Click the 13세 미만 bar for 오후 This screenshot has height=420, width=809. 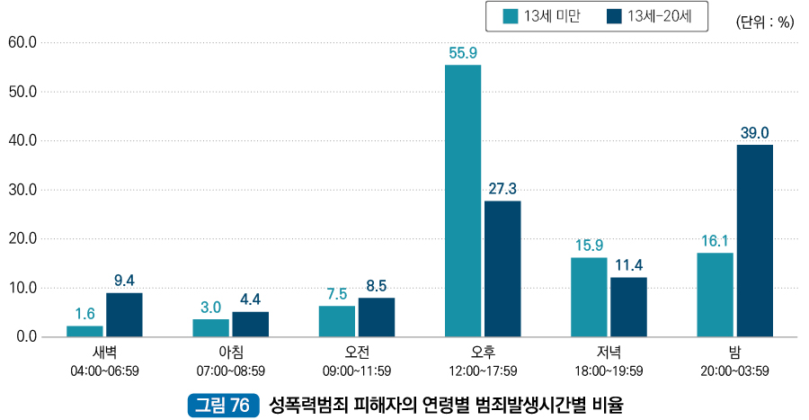(x=463, y=201)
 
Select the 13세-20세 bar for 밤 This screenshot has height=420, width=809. (x=754, y=241)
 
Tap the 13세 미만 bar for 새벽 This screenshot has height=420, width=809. (x=84, y=331)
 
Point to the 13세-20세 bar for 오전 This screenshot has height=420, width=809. (x=376, y=317)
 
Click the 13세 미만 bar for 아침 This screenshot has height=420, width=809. (x=210, y=327)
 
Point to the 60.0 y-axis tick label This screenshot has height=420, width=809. (x=22, y=42)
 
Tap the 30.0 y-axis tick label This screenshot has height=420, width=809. (x=22, y=190)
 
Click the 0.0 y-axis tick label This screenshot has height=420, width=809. (x=25, y=337)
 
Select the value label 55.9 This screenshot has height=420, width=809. (x=463, y=53)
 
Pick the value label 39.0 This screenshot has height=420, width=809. (x=754, y=133)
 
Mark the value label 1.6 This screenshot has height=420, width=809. (x=84, y=314)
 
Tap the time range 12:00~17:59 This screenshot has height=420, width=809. (x=483, y=371)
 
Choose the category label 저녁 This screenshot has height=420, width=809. (x=609, y=353)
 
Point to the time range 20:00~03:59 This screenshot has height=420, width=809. (x=734, y=371)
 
